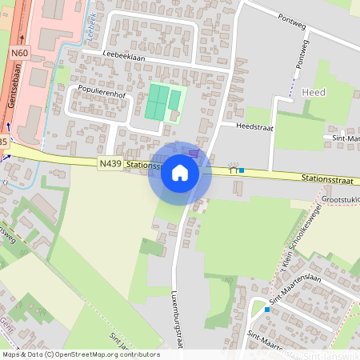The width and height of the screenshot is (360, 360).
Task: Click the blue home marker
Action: coord(180,173)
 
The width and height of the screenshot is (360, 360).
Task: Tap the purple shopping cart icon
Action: coord(194,153)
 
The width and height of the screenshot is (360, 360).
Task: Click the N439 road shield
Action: coord(110,163)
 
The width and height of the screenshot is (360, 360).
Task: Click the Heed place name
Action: coord(314,92)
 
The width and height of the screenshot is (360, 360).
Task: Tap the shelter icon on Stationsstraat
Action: coord(233,168)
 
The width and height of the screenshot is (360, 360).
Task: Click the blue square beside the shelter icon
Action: coord(242,170)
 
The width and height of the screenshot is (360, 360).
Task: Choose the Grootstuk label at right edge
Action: coord(339,199)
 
